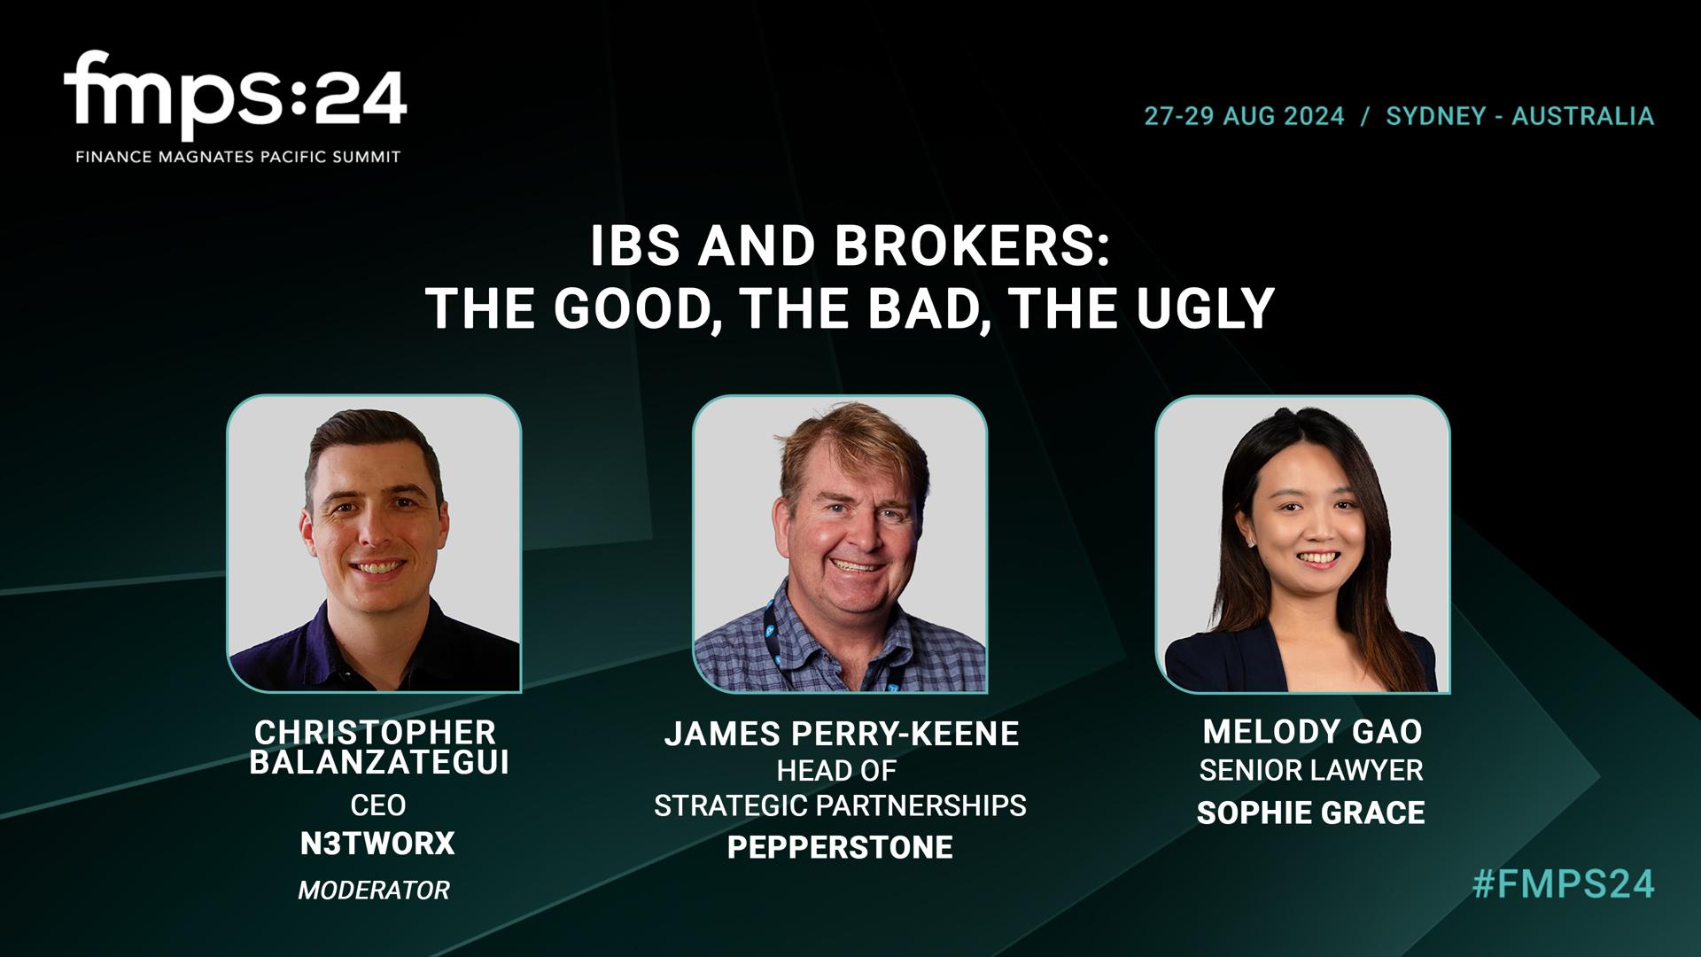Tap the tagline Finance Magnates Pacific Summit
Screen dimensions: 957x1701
point(237,157)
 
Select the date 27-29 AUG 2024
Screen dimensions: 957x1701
point(1244,116)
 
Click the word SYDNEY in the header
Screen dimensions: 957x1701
point(1435,116)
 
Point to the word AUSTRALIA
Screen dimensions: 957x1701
point(1582,116)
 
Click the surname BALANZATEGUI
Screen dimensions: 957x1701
point(379,763)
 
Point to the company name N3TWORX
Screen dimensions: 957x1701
point(377,844)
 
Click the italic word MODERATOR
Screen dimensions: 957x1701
point(374,890)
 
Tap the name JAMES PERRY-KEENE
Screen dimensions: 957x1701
point(842,734)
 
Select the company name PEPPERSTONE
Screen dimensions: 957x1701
point(840,847)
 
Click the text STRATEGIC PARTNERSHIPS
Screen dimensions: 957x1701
point(840,805)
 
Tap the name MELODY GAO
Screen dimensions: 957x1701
point(1312,732)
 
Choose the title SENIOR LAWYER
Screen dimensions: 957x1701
point(1311,771)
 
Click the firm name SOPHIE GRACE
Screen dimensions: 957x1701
point(1310,813)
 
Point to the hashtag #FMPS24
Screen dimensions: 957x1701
point(1564,884)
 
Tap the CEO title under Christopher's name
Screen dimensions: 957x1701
point(377,805)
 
